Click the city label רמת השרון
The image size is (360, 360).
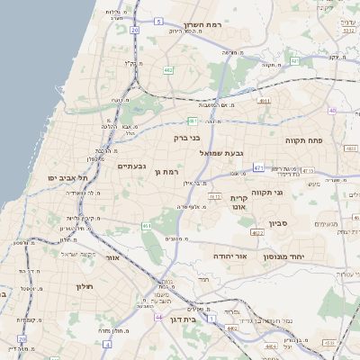[x=202, y=25]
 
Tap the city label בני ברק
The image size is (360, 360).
[x=188, y=138]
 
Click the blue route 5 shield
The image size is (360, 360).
[x=158, y=20]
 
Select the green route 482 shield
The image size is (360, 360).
[x=168, y=69]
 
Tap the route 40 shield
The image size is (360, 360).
[x=331, y=111]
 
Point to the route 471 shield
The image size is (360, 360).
[x=259, y=167]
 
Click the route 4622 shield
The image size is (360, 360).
[x=257, y=233]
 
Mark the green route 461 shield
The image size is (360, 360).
[x=147, y=226]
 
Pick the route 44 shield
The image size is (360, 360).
[x=159, y=317]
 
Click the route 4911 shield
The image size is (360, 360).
[x=265, y=101]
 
